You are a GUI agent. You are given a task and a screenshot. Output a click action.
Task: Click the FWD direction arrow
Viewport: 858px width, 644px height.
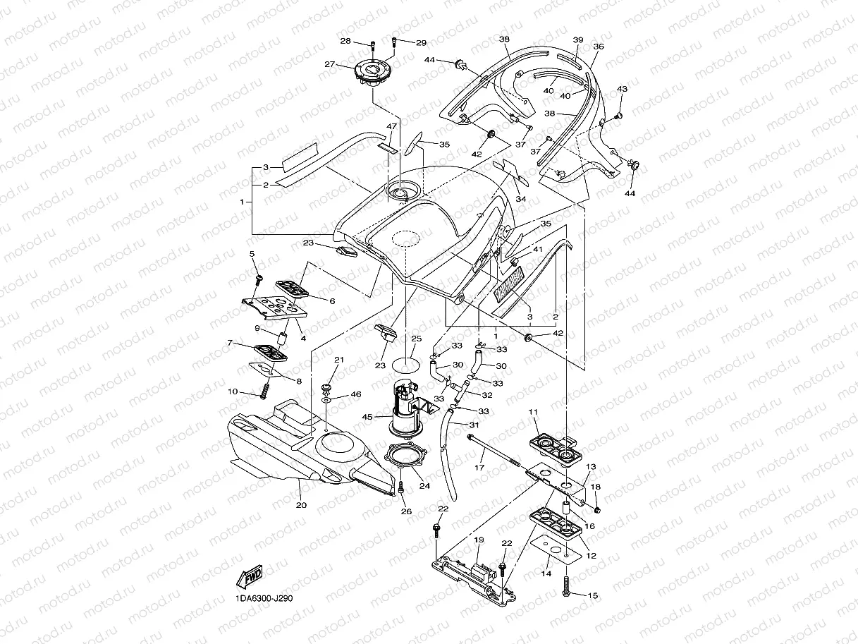tap(251, 578)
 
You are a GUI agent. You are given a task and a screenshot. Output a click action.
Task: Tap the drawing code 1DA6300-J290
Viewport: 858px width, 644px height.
tap(264, 598)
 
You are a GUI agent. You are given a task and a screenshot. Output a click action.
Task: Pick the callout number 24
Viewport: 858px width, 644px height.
tap(424, 485)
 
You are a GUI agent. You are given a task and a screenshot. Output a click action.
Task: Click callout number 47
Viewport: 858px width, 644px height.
tap(389, 126)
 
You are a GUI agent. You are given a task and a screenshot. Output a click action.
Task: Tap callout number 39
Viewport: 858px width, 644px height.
tap(577, 40)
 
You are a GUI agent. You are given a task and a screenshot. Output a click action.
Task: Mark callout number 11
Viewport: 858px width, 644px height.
tap(533, 412)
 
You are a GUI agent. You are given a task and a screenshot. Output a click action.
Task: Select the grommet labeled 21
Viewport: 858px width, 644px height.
tap(326, 387)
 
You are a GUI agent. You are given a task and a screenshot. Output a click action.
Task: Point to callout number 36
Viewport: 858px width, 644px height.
tap(599, 47)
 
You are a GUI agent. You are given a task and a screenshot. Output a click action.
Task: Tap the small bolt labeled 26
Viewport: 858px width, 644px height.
tap(401, 487)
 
